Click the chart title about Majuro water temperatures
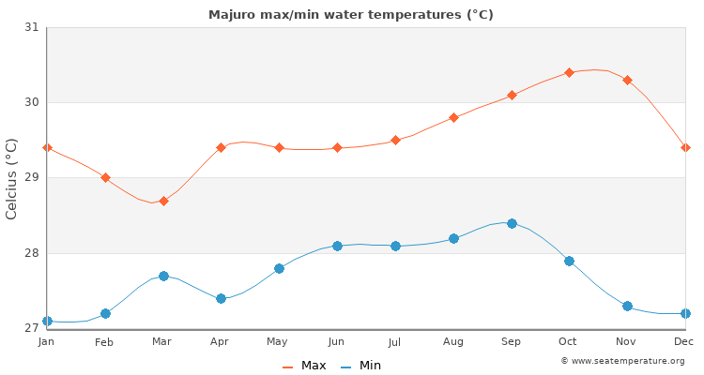(x=351, y=15)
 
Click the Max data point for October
(x=569, y=72)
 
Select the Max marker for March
(x=163, y=201)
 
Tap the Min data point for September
(x=512, y=223)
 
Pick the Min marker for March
(x=163, y=276)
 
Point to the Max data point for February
(x=105, y=177)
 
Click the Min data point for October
(x=569, y=261)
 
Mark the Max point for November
(x=627, y=80)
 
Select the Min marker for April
(x=221, y=298)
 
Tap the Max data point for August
(x=453, y=117)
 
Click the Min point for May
(x=279, y=268)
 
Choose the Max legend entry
(x=304, y=366)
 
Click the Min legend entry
(x=361, y=366)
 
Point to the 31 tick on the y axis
(x=32, y=27)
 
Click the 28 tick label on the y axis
(x=32, y=253)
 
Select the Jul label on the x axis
(x=395, y=342)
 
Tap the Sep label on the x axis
(x=512, y=342)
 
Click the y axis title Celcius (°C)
(x=12, y=178)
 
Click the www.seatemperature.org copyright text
(x=622, y=361)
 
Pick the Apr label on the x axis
(x=221, y=342)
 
